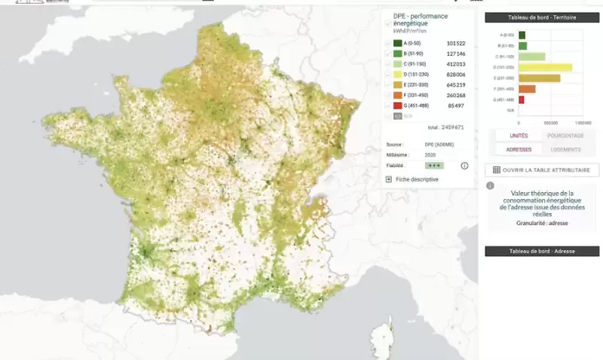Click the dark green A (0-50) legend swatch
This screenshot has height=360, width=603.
point(397,44)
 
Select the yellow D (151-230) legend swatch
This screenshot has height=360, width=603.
point(397,75)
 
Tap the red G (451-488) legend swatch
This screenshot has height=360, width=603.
point(397,105)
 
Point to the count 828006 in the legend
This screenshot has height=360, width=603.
point(456,75)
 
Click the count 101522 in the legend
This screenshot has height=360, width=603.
point(456,44)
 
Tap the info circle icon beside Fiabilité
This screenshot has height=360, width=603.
point(464,166)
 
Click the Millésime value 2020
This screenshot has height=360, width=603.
point(430,154)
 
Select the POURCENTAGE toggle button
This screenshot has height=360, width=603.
point(565,136)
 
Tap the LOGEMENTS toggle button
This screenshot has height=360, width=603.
point(565,149)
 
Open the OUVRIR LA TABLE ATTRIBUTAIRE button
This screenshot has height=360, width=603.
point(542,170)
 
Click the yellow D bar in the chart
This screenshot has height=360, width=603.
point(545,67)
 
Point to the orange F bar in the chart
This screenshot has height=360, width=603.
point(527,89)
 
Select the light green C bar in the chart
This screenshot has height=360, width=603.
point(531,56)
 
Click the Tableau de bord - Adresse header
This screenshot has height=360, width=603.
point(542,251)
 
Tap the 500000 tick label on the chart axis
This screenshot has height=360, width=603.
point(550,121)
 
